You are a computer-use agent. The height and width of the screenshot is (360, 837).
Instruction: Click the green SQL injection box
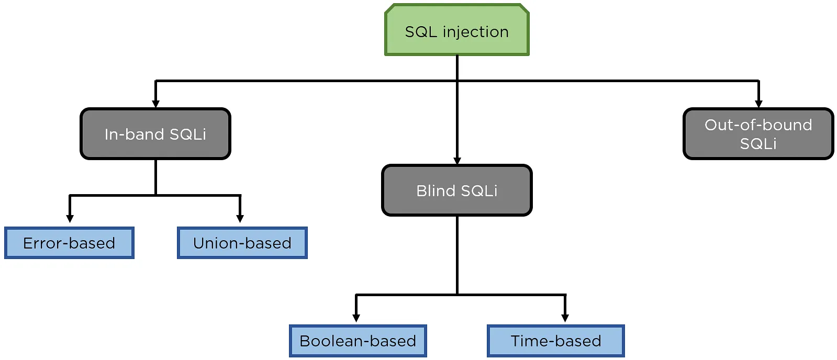click(456, 30)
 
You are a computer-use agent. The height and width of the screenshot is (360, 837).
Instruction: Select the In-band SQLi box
click(155, 134)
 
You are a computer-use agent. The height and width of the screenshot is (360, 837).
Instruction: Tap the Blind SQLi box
click(456, 190)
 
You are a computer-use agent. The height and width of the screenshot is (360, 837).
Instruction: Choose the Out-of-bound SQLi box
click(758, 134)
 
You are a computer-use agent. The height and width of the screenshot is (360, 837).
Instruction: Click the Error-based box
click(69, 243)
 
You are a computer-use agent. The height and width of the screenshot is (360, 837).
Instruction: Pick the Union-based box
click(242, 243)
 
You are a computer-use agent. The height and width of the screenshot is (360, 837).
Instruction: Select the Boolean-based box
click(358, 341)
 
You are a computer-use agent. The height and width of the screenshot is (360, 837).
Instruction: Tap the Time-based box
click(555, 341)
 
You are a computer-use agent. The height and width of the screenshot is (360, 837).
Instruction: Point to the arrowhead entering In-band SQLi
click(155, 104)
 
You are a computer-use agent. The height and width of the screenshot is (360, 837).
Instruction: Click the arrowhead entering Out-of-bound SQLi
click(758, 104)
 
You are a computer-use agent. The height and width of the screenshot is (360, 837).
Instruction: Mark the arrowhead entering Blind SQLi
click(457, 161)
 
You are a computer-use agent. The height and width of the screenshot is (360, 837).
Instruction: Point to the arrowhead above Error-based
click(70, 218)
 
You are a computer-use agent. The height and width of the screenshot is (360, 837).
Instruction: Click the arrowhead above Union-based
click(240, 218)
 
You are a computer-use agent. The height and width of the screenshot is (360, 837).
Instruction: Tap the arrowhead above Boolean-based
click(356, 318)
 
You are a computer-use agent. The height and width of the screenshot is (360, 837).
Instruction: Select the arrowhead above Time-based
click(565, 318)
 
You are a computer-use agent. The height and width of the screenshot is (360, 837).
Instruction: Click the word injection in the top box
click(475, 32)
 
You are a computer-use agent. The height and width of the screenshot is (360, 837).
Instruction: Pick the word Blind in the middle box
click(436, 190)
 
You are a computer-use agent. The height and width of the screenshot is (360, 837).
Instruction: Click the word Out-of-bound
click(758, 125)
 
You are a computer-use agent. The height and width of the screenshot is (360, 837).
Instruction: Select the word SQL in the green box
click(420, 32)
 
